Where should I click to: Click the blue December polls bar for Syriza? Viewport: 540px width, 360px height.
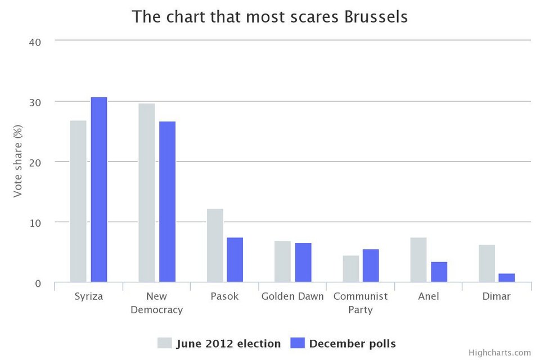point(99,190)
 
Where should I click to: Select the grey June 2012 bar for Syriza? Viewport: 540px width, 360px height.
point(78,201)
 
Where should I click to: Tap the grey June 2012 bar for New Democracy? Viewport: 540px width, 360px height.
point(146,192)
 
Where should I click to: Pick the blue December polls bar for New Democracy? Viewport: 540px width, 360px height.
point(167,201)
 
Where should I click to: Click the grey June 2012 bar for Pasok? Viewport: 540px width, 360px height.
point(215,245)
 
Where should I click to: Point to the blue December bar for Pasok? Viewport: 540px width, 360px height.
point(235,259)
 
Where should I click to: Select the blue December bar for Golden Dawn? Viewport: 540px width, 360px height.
point(303,262)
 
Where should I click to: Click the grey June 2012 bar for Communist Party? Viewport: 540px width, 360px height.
point(350,269)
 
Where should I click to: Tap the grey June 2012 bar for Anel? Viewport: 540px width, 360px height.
point(418,259)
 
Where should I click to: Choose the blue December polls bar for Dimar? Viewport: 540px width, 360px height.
point(506,277)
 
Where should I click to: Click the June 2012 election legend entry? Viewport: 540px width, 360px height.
point(219,343)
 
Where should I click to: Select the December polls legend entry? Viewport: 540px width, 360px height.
point(343,343)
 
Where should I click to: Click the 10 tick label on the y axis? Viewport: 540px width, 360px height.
point(35,222)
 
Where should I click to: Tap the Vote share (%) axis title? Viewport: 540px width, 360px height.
point(18,162)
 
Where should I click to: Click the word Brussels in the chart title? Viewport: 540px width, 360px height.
point(373,17)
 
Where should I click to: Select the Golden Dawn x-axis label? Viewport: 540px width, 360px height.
point(292,296)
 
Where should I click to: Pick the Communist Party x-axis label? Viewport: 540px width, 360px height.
point(361,303)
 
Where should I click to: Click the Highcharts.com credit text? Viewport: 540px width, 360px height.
point(499,353)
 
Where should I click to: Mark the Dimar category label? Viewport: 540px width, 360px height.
point(496,296)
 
